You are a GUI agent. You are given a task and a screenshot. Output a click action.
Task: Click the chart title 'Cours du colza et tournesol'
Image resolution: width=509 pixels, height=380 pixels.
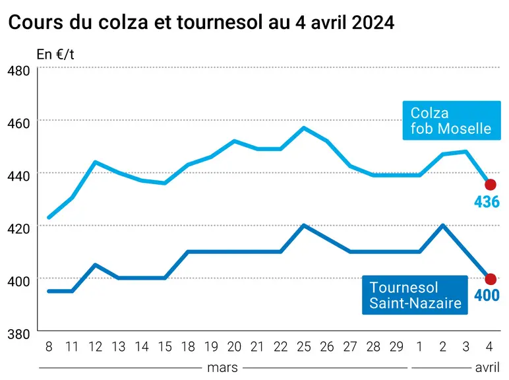pyautogui.click(x=135, y=22)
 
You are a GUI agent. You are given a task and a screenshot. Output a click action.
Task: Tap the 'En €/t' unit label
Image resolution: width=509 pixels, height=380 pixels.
pyautogui.click(x=55, y=55)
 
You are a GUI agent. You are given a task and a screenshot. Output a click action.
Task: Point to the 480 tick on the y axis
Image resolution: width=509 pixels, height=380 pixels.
pyautogui.click(x=18, y=71)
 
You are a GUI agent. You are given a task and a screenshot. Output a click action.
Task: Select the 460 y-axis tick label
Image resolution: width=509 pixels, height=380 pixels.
pyautogui.click(x=18, y=123)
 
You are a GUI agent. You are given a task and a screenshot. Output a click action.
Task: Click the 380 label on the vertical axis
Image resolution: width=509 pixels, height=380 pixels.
pyautogui.click(x=18, y=334)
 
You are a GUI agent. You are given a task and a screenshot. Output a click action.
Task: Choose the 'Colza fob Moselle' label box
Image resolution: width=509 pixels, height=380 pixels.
pyautogui.click(x=452, y=121)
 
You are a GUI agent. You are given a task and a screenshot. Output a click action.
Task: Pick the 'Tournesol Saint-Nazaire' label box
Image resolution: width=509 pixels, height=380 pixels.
pyautogui.click(x=415, y=295)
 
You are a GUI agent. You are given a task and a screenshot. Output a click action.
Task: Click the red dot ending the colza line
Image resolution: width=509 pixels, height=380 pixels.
pyautogui.click(x=490, y=185)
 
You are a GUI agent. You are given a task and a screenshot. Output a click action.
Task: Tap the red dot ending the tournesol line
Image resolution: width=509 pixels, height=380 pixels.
pyautogui.click(x=490, y=278)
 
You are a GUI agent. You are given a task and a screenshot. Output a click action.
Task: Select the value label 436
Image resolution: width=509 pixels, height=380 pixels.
pyautogui.click(x=487, y=202)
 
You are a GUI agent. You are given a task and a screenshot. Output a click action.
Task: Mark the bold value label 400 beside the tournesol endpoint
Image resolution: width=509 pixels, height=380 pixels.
pyautogui.click(x=487, y=296)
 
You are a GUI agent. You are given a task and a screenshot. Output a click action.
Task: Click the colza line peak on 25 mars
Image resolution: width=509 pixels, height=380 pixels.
pyautogui.click(x=304, y=127)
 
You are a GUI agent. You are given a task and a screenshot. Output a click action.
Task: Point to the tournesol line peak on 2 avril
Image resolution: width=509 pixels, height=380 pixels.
pyautogui.click(x=443, y=225)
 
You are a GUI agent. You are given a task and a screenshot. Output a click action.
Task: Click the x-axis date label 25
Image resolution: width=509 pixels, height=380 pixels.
pyautogui.click(x=304, y=347)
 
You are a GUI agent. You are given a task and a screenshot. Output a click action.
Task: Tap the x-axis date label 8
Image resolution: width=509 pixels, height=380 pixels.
pyautogui.click(x=49, y=347)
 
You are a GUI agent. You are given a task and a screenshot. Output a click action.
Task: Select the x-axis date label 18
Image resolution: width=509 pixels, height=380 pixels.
pyautogui.click(x=188, y=347)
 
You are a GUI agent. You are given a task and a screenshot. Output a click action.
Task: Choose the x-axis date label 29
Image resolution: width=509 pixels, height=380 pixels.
pyautogui.click(x=396, y=347)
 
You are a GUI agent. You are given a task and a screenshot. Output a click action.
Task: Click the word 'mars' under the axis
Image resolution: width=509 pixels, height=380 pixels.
pyautogui.click(x=222, y=368)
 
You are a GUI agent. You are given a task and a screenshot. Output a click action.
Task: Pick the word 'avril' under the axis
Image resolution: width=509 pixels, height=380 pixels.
pyautogui.click(x=487, y=367)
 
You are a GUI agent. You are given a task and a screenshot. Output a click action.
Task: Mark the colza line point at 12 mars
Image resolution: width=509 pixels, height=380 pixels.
pyautogui.click(x=95, y=162)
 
